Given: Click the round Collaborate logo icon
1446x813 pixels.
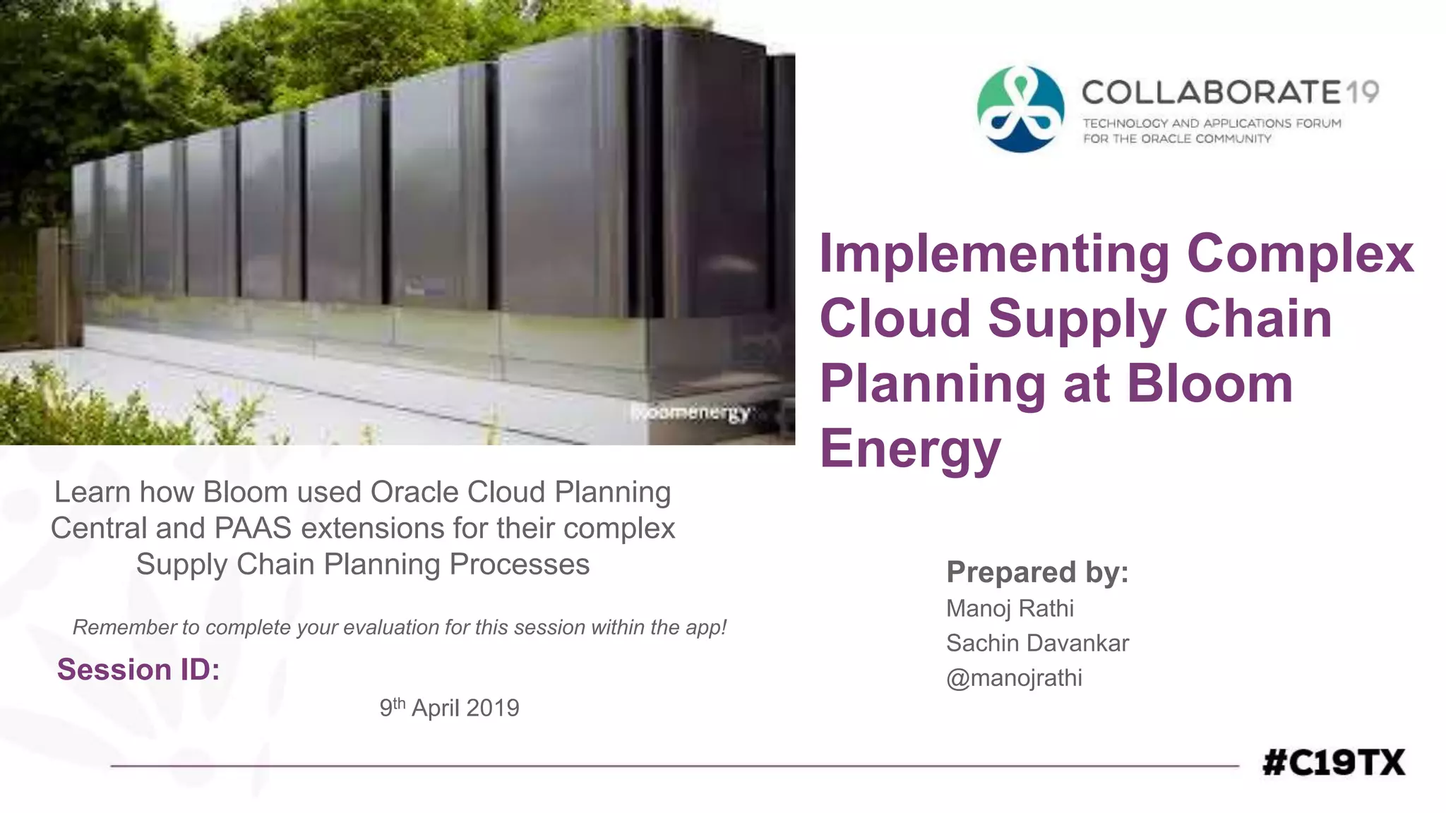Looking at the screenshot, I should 1020,109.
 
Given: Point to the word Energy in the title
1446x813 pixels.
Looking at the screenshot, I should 910,449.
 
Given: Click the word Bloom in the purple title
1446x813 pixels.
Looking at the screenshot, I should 1209,384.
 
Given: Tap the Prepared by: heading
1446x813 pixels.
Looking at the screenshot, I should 1037,572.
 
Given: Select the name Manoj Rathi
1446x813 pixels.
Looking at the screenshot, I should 1010,608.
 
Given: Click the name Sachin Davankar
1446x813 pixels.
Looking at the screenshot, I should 1037,643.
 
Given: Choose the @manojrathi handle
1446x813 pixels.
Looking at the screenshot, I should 1014,677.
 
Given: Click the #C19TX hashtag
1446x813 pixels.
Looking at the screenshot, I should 1333,763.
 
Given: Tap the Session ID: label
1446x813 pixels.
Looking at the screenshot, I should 138,669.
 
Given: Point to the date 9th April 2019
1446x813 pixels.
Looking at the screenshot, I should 449,707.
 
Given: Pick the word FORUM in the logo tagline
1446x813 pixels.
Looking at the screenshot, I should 1317,124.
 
